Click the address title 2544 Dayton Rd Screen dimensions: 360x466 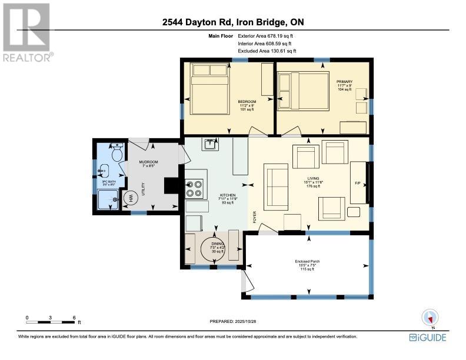click(233, 23)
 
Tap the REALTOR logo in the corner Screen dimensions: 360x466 click(26, 32)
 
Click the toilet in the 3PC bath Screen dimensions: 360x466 click(116, 155)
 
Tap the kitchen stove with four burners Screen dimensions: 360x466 click(195, 188)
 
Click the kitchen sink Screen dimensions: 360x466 click(209, 144)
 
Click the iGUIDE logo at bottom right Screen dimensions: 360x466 click(428, 337)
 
